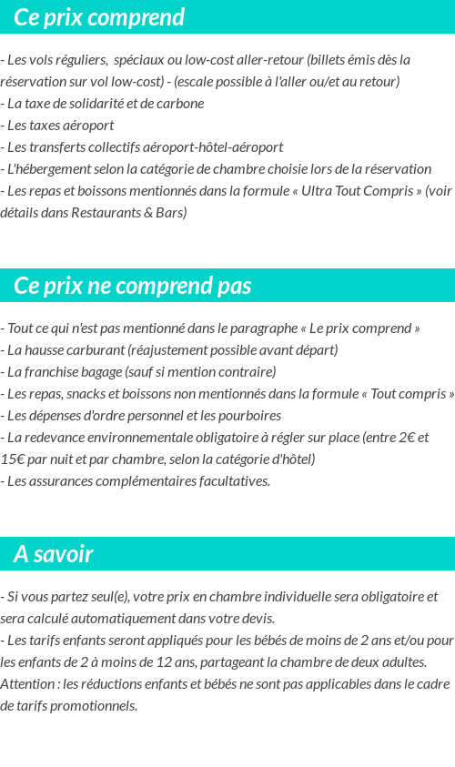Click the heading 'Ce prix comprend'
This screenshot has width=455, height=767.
(99, 17)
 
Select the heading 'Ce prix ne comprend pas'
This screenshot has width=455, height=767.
(132, 286)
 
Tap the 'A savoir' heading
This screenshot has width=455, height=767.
(53, 554)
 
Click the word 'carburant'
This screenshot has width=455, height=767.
(94, 350)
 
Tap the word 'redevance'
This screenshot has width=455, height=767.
(57, 438)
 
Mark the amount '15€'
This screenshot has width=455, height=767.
(13, 459)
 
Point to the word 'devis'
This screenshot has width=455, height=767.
(254, 619)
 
